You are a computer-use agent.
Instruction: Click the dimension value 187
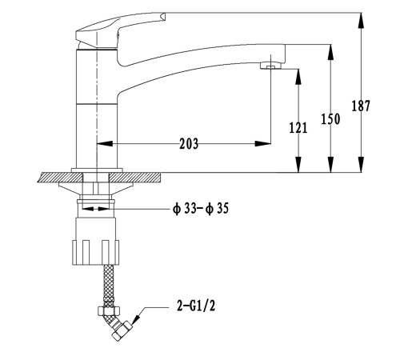361,106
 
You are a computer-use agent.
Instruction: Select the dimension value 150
330,119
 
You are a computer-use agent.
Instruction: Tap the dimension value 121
298,127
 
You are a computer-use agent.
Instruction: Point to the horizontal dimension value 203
189,144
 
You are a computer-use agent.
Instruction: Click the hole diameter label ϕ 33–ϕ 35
201,209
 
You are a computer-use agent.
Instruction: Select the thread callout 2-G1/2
196,306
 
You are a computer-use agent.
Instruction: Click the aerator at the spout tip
270,66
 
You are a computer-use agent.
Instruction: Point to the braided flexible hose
108,286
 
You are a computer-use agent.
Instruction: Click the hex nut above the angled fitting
109,310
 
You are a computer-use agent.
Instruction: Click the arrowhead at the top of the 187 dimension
361,20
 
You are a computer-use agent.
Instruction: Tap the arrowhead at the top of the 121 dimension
298,77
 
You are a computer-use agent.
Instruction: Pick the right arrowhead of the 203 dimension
263,144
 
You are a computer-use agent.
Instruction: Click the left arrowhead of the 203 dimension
105,144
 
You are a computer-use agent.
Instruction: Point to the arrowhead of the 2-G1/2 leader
136,319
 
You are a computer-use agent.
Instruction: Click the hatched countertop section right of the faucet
135,178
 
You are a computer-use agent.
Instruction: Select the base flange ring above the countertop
97,170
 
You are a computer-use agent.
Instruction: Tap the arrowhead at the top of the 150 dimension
330,52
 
